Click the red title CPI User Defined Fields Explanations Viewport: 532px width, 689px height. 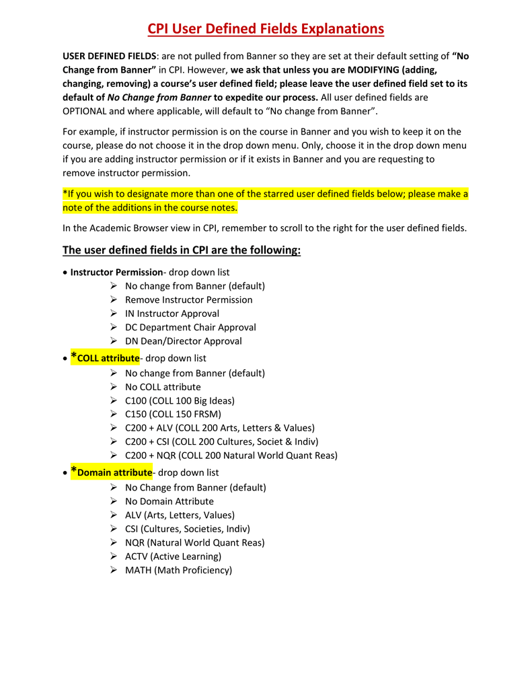(x=266, y=29)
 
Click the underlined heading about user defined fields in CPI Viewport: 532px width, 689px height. (x=182, y=250)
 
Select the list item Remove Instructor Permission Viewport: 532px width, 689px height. (x=188, y=299)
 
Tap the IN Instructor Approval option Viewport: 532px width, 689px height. (x=172, y=314)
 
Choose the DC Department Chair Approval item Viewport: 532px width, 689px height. (x=190, y=327)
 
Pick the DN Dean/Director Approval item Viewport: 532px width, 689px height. (x=183, y=341)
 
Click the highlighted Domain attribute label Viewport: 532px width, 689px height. (x=114, y=472)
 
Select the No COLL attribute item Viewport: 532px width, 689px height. (x=163, y=387)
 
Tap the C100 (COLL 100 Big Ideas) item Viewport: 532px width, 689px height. (x=180, y=400)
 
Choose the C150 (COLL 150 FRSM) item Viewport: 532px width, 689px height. (x=173, y=414)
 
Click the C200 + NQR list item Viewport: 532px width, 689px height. (x=231, y=456)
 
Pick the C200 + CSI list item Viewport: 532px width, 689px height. (x=221, y=441)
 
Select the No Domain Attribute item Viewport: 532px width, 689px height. (x=169, y=501)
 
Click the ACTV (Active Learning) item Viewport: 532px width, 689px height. (x=173, y=556)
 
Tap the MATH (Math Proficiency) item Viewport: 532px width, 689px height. (x=178, y=570)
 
